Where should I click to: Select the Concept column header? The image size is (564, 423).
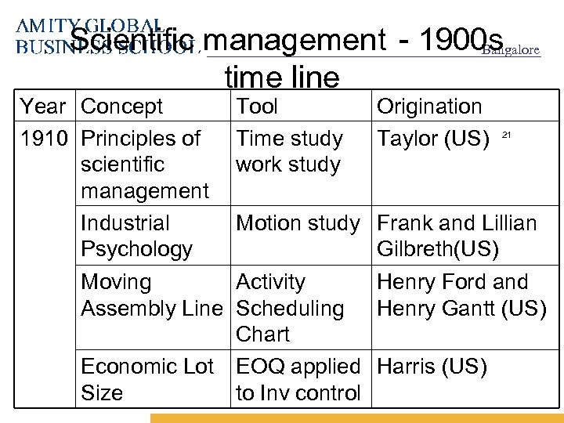tap(122, 107)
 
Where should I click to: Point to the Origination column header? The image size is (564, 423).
tap(430, 107)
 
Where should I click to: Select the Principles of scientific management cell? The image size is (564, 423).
tap(146, 164)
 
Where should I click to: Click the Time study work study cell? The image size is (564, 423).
tap(289, 152)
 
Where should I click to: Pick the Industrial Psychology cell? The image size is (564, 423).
tap(136, 237)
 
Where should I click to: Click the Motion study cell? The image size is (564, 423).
tap(298, 224)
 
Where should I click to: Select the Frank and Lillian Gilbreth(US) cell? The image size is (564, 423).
tap(457, 237)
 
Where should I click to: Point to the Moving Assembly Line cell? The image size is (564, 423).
tap(152, 295)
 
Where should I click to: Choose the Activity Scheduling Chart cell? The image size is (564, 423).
tap(290, 308)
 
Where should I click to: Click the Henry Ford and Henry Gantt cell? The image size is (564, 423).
tap(461, 295)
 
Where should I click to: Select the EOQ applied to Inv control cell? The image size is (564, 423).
tap(298, 380)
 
